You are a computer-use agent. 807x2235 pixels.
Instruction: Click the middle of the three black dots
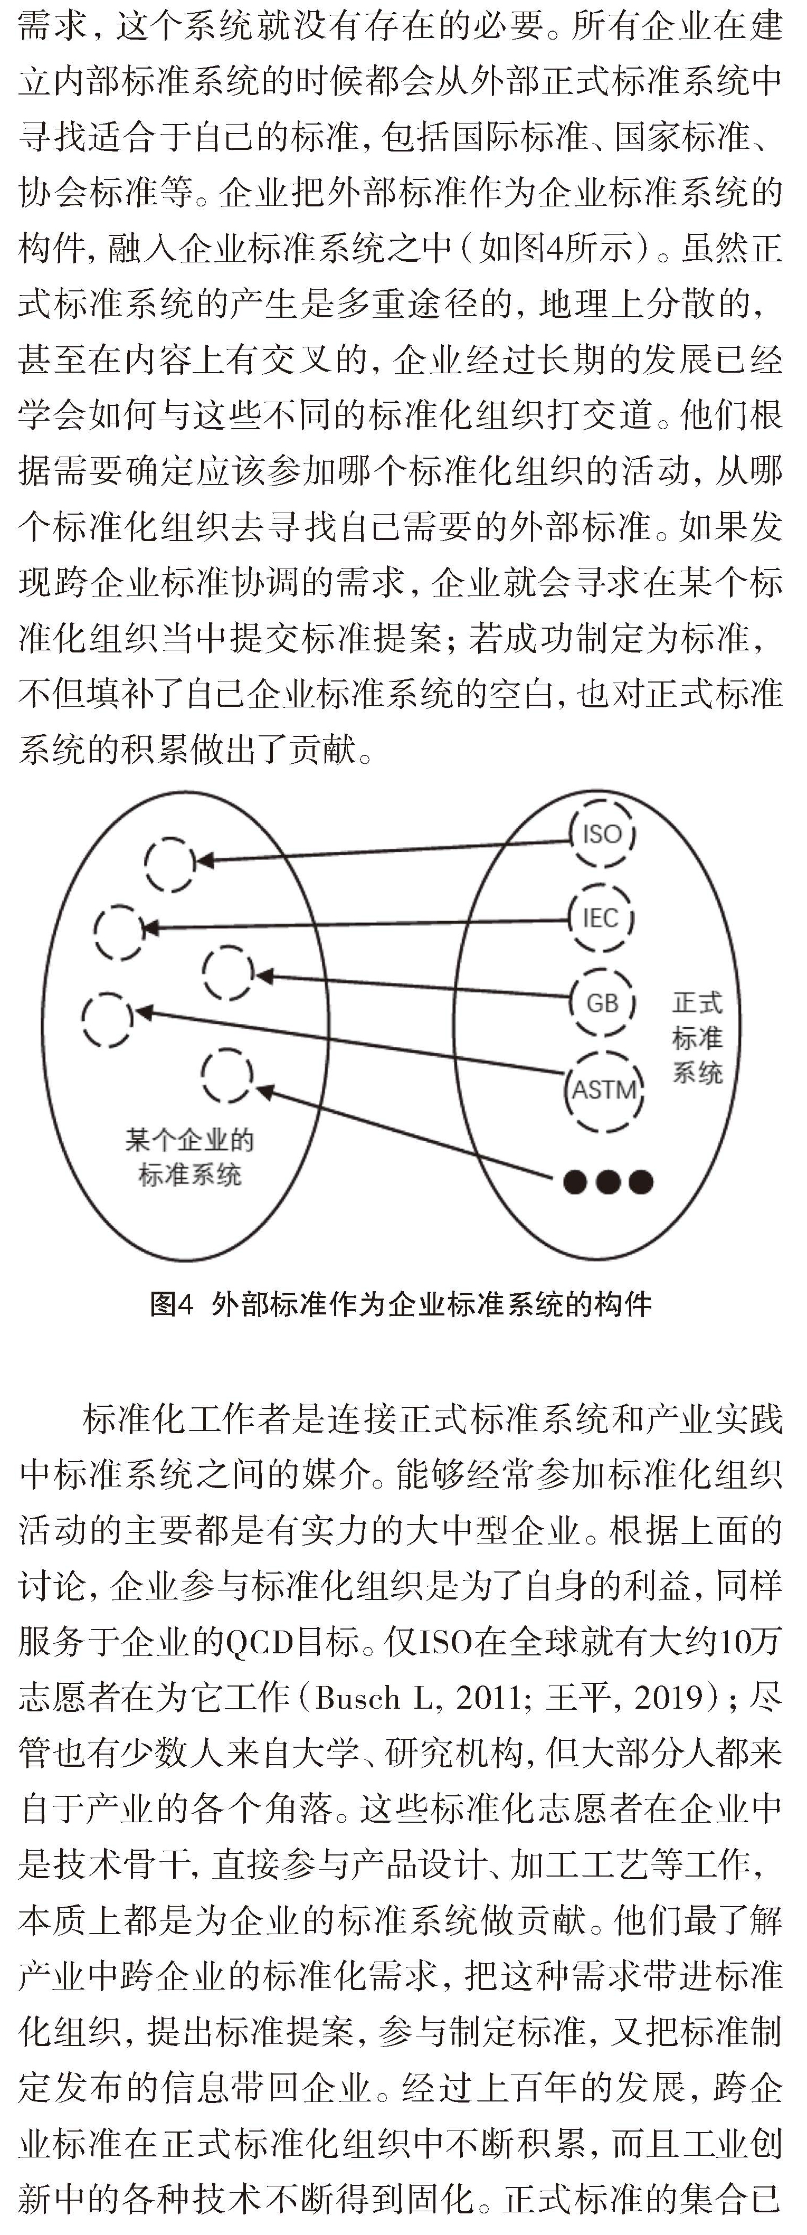(607, 1181)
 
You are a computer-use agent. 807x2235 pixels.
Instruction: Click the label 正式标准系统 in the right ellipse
(697, 1038)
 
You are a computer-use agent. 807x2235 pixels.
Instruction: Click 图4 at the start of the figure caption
(171, 1304)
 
